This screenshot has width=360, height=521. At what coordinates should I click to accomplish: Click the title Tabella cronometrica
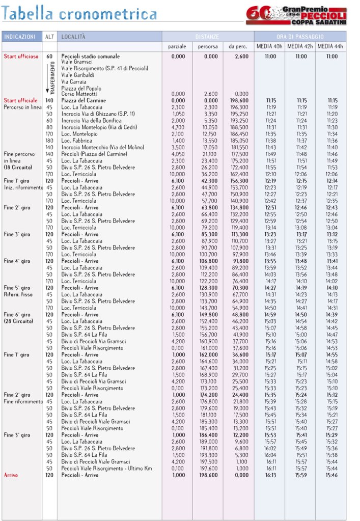tap(79, 14)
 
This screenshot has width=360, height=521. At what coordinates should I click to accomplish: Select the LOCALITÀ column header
tap(74, 37)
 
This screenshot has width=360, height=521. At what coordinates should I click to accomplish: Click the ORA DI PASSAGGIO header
tap(300, 37)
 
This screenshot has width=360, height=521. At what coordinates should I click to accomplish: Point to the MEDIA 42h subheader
tap(300, 47)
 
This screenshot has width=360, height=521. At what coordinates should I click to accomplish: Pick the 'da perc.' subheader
tap(238, 47)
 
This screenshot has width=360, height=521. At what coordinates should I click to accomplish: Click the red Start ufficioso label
tap(21, 57)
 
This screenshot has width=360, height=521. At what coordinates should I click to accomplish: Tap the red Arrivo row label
tap(11, 475)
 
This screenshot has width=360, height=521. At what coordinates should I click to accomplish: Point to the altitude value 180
tap(49, 140)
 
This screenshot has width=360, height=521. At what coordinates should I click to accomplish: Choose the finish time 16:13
tap(270, 475)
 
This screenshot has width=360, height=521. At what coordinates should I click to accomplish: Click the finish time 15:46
tap(332, 475)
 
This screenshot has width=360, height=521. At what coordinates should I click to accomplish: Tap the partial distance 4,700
tap(178, 127)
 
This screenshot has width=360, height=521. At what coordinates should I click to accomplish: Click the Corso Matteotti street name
tap(79, 94)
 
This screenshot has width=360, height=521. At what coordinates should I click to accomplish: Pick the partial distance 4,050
tap(178, 153)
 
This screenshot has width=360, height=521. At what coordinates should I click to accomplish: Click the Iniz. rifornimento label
tap(23, 187)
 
